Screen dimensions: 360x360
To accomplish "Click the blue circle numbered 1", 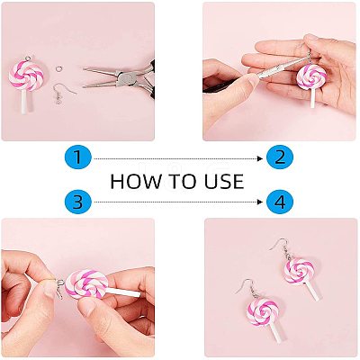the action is [78, 157].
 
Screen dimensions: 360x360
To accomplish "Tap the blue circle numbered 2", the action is [280, 157].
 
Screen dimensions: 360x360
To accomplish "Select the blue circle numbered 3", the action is [78, 202].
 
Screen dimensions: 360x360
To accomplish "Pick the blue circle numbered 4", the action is [280, 202].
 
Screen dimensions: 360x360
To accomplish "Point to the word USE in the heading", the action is [224, 181].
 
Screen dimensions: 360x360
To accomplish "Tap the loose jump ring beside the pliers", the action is [59, 68].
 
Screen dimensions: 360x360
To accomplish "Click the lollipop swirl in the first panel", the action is [27, 75].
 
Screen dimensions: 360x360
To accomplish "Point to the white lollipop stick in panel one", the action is [24, 102].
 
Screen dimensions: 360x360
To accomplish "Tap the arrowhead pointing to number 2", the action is [260, 158].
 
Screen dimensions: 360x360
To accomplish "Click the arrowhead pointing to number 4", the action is [260, 202].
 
